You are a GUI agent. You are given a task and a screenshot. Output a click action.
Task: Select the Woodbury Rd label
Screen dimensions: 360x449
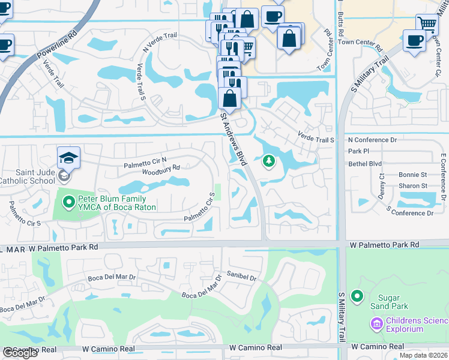(161, 172)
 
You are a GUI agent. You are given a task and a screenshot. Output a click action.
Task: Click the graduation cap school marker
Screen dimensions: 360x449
(68, 157)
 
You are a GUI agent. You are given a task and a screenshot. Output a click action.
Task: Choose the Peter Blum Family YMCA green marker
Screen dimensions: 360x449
(69, 202)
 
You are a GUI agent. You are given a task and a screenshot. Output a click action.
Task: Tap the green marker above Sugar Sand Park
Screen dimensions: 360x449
(358, 296)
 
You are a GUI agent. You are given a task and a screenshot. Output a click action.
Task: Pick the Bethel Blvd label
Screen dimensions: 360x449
(365, 163)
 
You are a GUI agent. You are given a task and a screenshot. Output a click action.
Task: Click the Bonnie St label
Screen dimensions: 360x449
(412, 175)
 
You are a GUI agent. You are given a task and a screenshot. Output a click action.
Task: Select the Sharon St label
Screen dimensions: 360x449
(413, 186)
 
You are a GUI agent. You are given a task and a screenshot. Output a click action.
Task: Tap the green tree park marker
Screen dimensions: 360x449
(269, 161)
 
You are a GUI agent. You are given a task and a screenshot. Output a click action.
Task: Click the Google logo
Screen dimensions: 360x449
(20, 353)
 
